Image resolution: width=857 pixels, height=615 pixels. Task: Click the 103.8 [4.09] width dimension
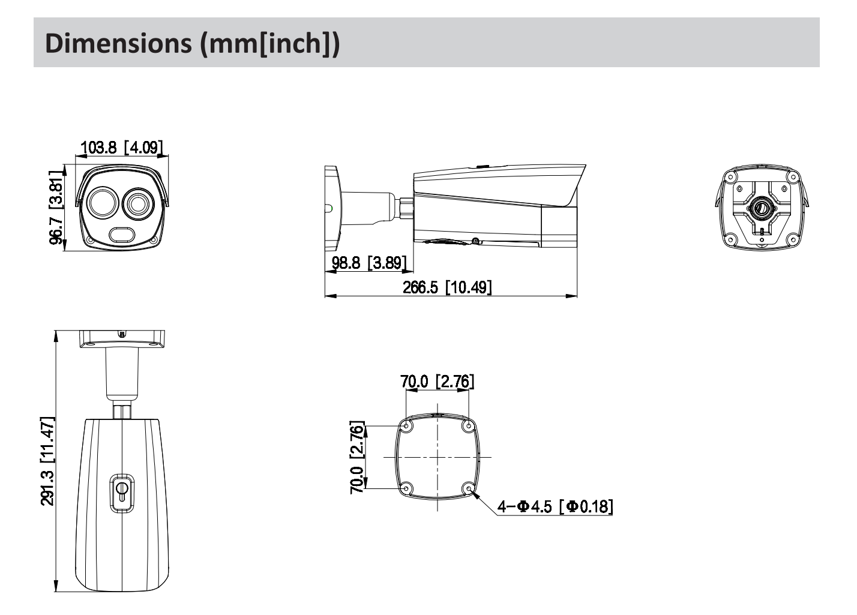[121, 147]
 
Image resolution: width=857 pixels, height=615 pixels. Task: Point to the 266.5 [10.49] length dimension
[447, 287]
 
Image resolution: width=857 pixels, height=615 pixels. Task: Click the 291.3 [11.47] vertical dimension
[47, 461]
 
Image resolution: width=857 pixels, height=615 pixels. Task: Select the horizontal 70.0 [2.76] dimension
[437, 381]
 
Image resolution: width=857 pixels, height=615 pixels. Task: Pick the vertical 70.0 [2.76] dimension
[356, 457]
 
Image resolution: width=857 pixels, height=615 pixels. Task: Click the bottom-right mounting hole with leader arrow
[469, 488]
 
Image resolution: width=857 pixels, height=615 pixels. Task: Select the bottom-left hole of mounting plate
[406, 488]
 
